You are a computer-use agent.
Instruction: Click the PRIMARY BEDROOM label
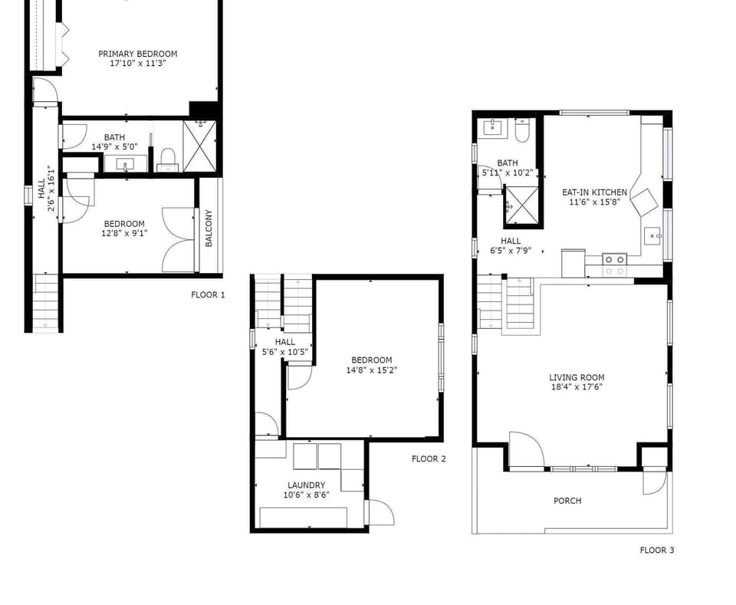(x=137, y=54)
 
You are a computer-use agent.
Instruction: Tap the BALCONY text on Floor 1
(x=209, y=228)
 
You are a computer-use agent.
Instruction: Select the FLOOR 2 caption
(x=429, y=459)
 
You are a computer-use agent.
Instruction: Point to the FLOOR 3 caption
(x=657, y=550)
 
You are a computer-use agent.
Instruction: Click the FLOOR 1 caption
(x=208, y=294)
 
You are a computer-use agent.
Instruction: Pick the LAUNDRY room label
(x=306, y=485)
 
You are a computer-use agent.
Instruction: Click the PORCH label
(x=567, y=501)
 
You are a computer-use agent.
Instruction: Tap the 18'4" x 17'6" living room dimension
(x=577, y=387)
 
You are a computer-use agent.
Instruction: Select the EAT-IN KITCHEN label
(x=594, y=192)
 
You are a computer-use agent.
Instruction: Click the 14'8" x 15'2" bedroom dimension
(x=371, y=370)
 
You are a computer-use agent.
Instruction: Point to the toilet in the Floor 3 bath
(x=522, y=130)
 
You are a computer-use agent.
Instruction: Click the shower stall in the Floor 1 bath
(x=199, y=146)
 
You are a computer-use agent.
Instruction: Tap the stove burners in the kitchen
(x=615, y=265)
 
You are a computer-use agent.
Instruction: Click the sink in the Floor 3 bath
(x=492, y=127)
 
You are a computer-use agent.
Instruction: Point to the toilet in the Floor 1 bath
(x=168, y=159)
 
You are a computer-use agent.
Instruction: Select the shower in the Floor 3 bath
(x=521, y=205)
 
